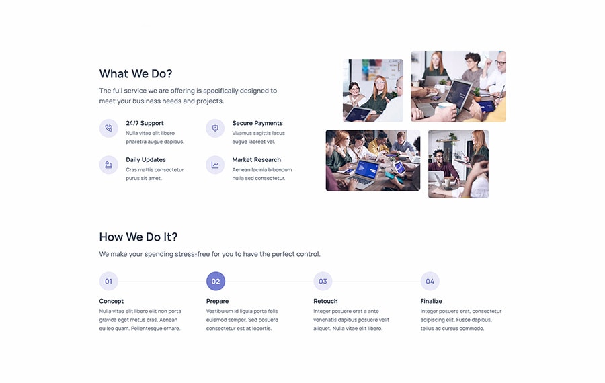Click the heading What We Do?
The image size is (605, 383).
click(135, 73)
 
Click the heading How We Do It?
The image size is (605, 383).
click(138, 237)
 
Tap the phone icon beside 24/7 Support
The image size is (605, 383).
click(109, 128)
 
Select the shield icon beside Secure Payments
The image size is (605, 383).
click(215, 128)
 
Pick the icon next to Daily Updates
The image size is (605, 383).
click(109, 165)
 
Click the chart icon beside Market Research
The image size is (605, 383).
click(215, 165)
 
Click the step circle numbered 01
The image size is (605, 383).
click(109, 281)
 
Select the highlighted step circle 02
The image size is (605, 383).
click(216, 281)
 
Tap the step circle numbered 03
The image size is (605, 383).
click(323, 281)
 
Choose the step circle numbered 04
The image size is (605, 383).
click(430, 281)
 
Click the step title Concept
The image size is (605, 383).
click(112, 301)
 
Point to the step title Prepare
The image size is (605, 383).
click(217, 301)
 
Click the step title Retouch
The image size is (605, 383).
click(325, 301)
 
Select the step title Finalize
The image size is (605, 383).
click(432, 301)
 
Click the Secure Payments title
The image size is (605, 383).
click(257, 123)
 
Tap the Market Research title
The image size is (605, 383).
click(257, 160)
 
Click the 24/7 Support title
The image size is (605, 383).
click(145, 123)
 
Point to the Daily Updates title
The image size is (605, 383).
click(146, 160)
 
